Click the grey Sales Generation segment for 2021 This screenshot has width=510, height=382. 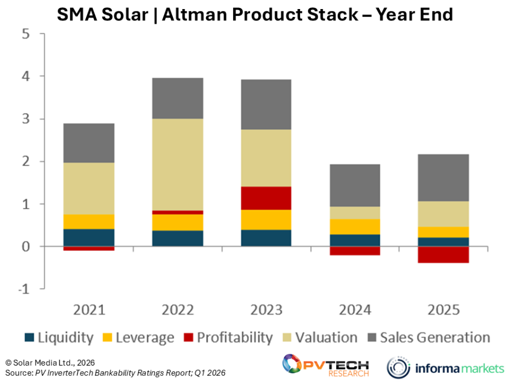click(x=89, y=143)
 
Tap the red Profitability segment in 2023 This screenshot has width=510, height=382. click(x=266, y=198)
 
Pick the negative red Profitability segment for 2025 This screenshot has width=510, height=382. click(x=444, y=254)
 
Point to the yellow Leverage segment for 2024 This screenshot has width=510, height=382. click(x=355, y=227)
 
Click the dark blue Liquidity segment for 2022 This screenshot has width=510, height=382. click(x=178, y=238)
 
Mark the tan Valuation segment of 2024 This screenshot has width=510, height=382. click(x=355, y=212)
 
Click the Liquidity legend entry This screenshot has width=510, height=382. click(x=59, y=338)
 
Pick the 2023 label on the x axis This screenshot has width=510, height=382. click(x=266, y=310)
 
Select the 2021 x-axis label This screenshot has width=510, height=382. click(x=89, y=310)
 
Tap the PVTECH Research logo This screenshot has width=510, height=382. click(x=325, y=364)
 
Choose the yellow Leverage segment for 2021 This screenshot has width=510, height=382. click(x=89, y=222)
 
